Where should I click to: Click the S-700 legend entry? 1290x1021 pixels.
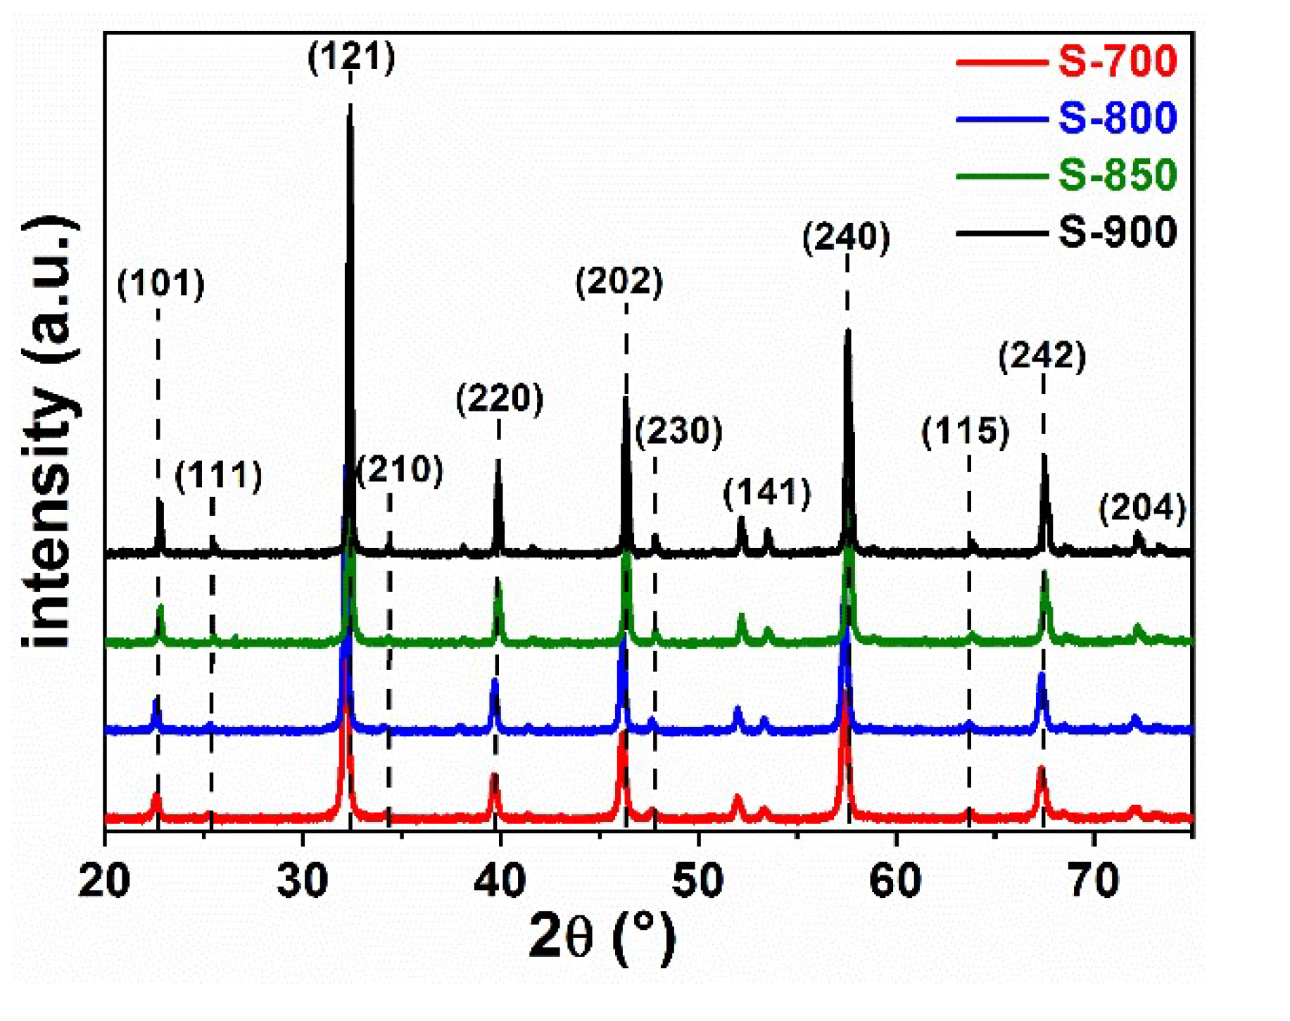1117,61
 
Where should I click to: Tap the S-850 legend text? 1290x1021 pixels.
1117,175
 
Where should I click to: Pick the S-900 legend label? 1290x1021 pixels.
1117,232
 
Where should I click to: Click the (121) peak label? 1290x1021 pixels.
352,56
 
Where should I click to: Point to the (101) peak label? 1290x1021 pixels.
161,284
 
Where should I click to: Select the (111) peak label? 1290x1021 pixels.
219,476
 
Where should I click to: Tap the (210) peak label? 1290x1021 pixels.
400,469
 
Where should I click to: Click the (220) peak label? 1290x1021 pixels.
500,399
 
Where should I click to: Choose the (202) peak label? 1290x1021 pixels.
619,281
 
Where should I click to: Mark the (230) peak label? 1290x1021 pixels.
679,431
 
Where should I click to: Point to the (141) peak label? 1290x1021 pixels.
767,493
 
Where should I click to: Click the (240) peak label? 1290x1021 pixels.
847,236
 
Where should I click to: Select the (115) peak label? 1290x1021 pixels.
966,431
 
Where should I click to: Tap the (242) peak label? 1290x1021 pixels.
1042,355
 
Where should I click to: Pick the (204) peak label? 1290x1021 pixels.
1142,508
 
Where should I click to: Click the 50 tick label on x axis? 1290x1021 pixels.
697,880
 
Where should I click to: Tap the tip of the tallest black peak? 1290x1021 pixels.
350,106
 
